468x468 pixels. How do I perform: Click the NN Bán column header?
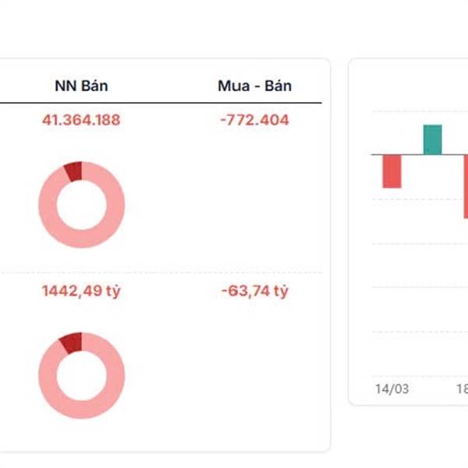point(81,86)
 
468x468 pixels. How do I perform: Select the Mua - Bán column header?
point(254,86)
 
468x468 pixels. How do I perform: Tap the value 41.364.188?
point(81,120)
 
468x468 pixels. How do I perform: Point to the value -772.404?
point(254,120)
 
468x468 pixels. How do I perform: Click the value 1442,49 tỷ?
point(81,292)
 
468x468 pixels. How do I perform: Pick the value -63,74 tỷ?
point(254,292)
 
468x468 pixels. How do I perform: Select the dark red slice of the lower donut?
point(71,342)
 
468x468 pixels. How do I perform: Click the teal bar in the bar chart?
point(432,140)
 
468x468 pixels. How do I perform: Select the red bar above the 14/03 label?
point(392,171)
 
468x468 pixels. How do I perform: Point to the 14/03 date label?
point(392,388)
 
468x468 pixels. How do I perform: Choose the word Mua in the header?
point(232,86)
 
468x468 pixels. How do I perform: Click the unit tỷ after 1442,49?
point(113,292)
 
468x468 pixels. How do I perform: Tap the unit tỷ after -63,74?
point(280,292)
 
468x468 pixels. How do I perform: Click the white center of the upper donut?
point(81,205)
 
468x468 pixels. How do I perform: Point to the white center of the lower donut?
point(81,375)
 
